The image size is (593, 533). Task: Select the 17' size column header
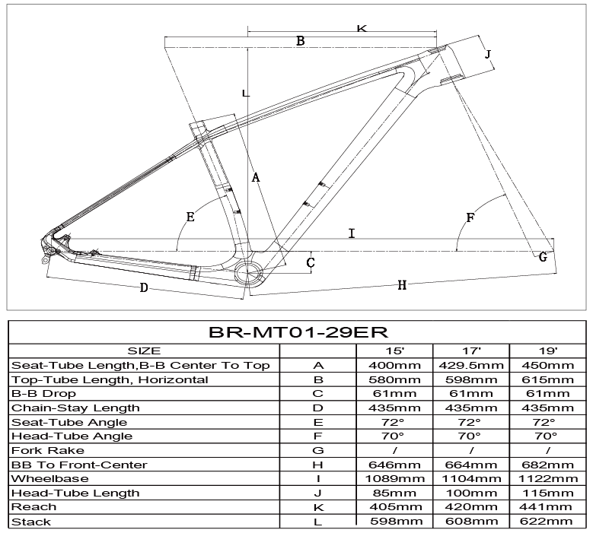click(471, 351)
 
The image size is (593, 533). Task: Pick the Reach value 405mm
click(394, 507)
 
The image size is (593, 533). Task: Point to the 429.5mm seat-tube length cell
click(471, 366)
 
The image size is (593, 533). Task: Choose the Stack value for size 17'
click(471, 522)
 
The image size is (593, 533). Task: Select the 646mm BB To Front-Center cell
click(394, 465)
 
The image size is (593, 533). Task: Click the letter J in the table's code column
click(318, 493)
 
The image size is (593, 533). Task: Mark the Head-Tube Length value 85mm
click(394, 493)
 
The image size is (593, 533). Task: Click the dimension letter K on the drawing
click(361, 29)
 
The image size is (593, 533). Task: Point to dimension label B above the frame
click(300, 41)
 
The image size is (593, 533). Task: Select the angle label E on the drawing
click(190, 217)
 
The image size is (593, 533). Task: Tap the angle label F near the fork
click(470, 218)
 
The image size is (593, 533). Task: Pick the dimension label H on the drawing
click(402, 285)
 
